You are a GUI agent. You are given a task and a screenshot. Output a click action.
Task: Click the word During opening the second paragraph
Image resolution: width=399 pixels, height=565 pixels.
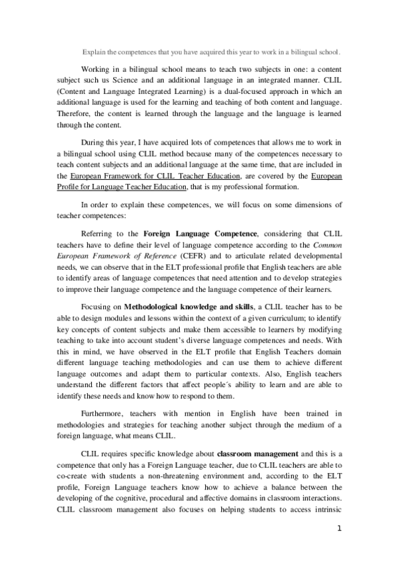click(93, 143)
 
